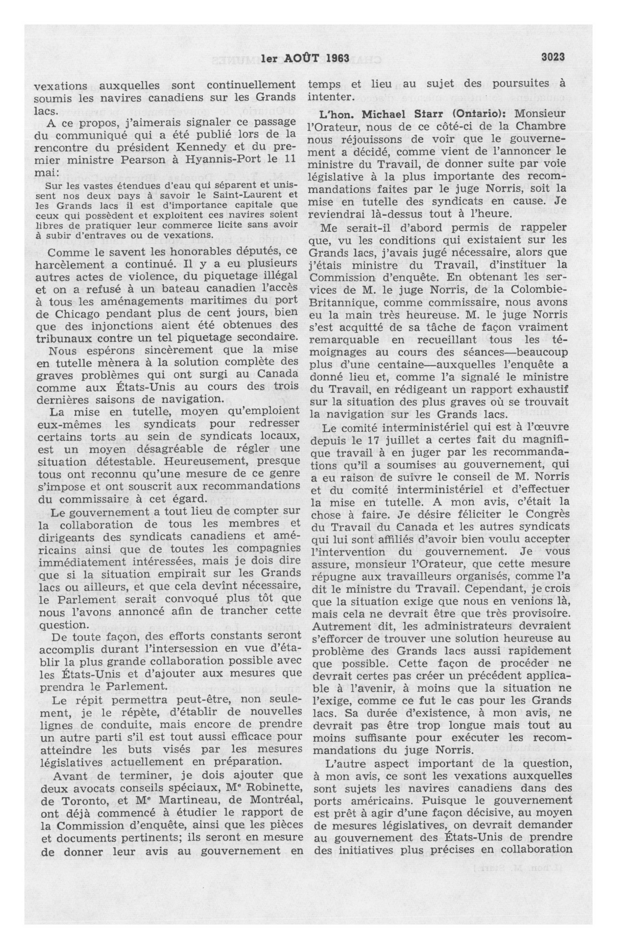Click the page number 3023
coord(552,57)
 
